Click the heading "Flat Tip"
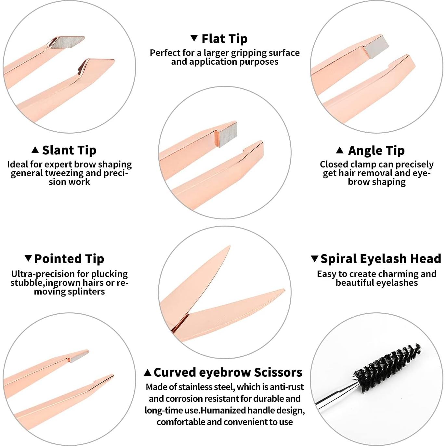click(224, 39)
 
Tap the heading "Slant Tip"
click(69, 150)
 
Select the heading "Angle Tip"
click(376, 151)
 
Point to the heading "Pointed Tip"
click(69, 259)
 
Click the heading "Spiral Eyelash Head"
click(381, 259)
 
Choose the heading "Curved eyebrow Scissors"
click(228, 372)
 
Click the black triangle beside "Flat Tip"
click(194, 38)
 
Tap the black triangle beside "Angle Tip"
click(340, 150)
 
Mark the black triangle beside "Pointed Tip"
click(28, 258)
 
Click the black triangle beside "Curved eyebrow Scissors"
click(148, 373)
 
